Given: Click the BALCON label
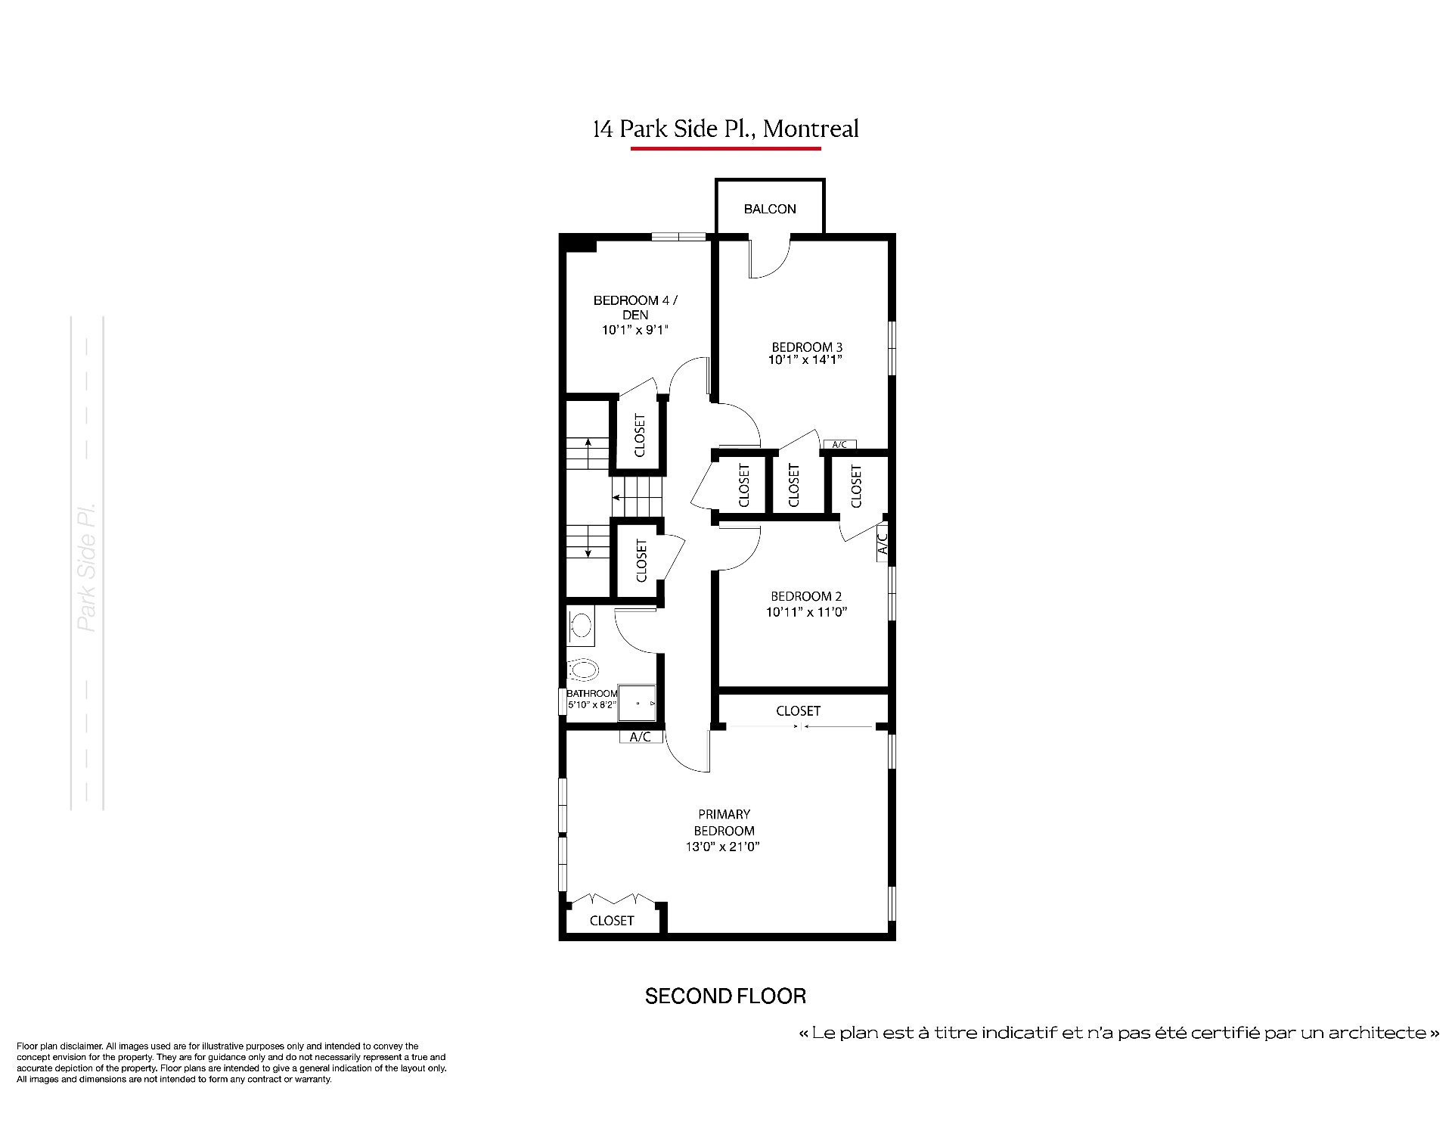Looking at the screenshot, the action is pos(770,209).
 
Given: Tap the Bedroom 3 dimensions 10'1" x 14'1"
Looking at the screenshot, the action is pos(805,360).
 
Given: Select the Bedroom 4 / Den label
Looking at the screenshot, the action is pos(635,307).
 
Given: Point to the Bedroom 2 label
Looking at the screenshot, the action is pos(806,596).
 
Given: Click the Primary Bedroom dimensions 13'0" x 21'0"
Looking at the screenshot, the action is pos(724,847).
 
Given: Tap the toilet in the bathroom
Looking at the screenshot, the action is pos(582,669).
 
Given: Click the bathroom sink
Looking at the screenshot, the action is pos(581,625).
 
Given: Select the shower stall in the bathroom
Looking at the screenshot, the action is pos(637,704).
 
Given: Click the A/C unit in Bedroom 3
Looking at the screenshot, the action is pos(839,444).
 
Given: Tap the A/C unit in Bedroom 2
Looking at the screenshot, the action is pos(882,542).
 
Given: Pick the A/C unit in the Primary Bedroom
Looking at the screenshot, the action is pos(641,736).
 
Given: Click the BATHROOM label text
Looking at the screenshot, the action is pos(592,694).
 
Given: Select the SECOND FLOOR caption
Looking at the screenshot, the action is pos(725,996).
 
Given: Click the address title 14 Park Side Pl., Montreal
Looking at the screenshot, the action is pos(726,129).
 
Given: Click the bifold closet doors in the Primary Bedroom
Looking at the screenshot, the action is pos(613,899).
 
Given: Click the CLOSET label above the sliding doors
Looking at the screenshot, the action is pos(798,711).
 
